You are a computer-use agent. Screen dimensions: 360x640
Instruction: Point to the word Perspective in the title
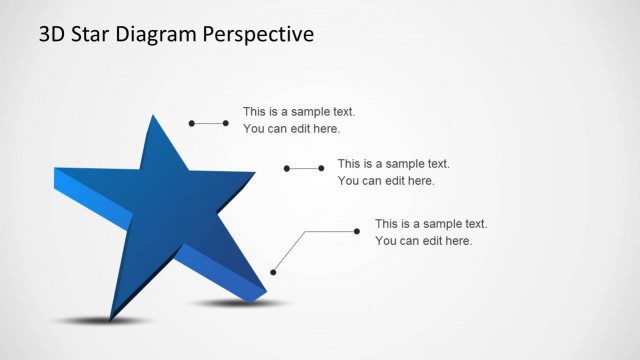pos(259,35)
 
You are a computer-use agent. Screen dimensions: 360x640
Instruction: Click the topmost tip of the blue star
pos(153,116)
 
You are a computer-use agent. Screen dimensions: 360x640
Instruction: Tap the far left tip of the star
pos(55,172)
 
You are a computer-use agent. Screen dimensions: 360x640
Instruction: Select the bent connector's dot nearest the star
pos(273,271)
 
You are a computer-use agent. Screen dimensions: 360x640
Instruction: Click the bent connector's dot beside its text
pos(357,231)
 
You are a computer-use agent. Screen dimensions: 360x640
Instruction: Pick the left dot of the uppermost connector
pos(192,123)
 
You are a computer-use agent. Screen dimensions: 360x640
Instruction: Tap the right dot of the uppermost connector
pos(226,123)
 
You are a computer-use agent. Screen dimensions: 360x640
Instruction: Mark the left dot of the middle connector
pos(287,168)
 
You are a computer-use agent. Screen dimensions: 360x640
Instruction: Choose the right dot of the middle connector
pos(321,168)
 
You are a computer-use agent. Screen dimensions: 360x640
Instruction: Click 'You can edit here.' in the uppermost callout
pos(292,129)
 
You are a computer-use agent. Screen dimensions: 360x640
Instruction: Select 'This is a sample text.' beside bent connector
pos(431,223)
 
